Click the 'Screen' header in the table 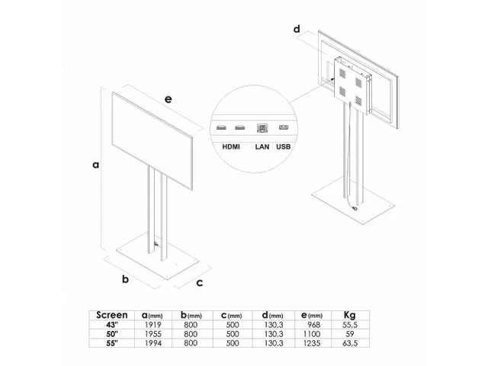(x=112, y=314)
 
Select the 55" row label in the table (x=112, y=342)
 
